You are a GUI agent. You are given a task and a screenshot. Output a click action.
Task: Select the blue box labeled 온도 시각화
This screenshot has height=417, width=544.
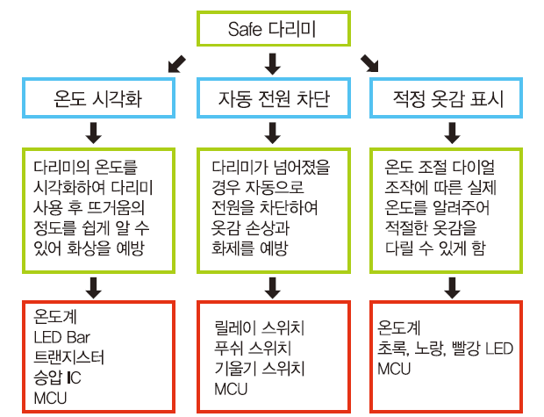click(x=96, y=98)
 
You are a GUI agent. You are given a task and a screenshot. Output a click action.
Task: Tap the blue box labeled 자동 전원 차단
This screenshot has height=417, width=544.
click(x=273, y=98)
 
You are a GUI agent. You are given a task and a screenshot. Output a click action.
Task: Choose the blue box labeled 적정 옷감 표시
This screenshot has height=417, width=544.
click(x=451, y=98)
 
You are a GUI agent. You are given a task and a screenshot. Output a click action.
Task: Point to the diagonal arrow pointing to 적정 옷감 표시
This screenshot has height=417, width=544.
click(x=370, y=62)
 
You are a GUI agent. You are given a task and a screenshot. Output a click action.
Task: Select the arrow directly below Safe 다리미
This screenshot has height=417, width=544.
click(x=272, y=62)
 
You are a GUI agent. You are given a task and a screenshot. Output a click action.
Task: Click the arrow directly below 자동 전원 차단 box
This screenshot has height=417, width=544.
click(x=272, y=133)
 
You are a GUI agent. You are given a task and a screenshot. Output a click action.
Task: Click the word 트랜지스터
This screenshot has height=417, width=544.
click(x=69, y=358)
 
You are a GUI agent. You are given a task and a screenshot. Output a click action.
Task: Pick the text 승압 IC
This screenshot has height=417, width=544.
click(x=57, y=378)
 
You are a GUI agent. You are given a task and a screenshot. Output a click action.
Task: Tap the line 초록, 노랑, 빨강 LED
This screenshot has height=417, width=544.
click(x=445, y=349)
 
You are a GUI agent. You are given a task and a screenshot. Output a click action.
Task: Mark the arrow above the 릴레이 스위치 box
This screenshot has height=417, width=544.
click(x=272, y=284)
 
